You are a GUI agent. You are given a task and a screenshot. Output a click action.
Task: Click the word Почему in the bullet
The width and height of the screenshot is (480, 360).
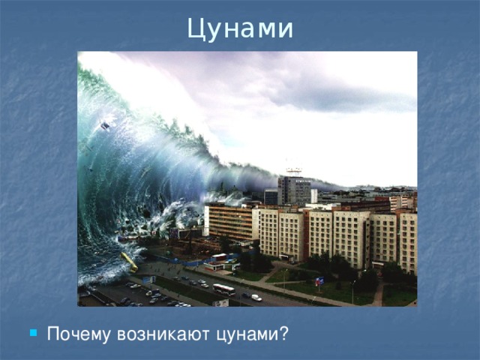point(77,333)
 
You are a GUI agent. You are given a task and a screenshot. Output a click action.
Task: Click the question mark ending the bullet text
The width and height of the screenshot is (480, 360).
point(283,333)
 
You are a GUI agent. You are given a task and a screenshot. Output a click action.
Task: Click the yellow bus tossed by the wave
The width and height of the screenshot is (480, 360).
point(129,261)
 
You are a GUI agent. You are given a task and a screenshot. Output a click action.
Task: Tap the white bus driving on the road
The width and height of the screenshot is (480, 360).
point(223,289)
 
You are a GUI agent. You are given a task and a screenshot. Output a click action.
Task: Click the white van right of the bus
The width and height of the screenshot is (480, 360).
point(256,297)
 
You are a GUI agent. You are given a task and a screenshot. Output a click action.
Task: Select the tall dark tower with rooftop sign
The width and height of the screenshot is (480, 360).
point(293,190)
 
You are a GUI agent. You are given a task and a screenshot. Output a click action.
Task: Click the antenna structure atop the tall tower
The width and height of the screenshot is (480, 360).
point(293,172)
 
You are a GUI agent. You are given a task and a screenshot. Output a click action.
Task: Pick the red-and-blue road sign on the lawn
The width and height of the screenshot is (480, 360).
point(319,281)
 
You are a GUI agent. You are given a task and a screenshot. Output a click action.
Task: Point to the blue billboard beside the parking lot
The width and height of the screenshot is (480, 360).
point(149,280)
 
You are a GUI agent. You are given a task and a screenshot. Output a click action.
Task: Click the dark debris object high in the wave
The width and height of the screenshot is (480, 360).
point(106,125)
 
